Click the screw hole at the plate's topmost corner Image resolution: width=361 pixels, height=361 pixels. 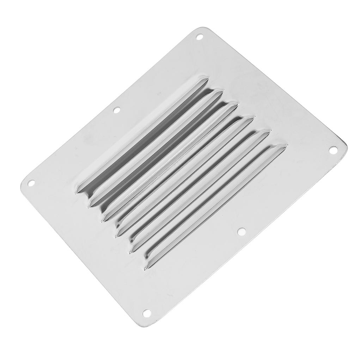point(200,36)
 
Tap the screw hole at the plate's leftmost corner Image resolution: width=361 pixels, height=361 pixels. point(31,183)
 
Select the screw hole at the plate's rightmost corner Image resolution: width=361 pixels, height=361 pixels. point(332,150)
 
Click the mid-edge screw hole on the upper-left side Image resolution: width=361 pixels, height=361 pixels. point(116,110)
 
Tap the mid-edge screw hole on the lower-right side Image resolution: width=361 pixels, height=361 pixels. point(241,231)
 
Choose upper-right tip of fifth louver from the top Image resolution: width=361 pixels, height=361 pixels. point(269,131)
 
